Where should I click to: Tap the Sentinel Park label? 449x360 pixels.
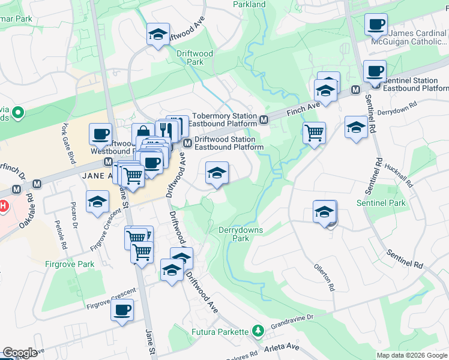tap(381, 203)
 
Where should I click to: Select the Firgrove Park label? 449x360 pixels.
tap(70, 264)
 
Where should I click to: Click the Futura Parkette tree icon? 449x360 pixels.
tap(258, 330)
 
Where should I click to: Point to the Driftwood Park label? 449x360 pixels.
tap(194, 58)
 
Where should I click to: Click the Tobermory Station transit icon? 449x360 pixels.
tap(264, 120)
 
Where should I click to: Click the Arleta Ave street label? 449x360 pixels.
tap(280, 347)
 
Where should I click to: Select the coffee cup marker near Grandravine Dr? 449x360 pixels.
tap(122, 310)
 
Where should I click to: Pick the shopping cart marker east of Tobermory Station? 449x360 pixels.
tap(314, 133)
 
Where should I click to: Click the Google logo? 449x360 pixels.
tap(20, 353)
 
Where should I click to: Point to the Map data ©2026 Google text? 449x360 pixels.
tap(412, 355)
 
